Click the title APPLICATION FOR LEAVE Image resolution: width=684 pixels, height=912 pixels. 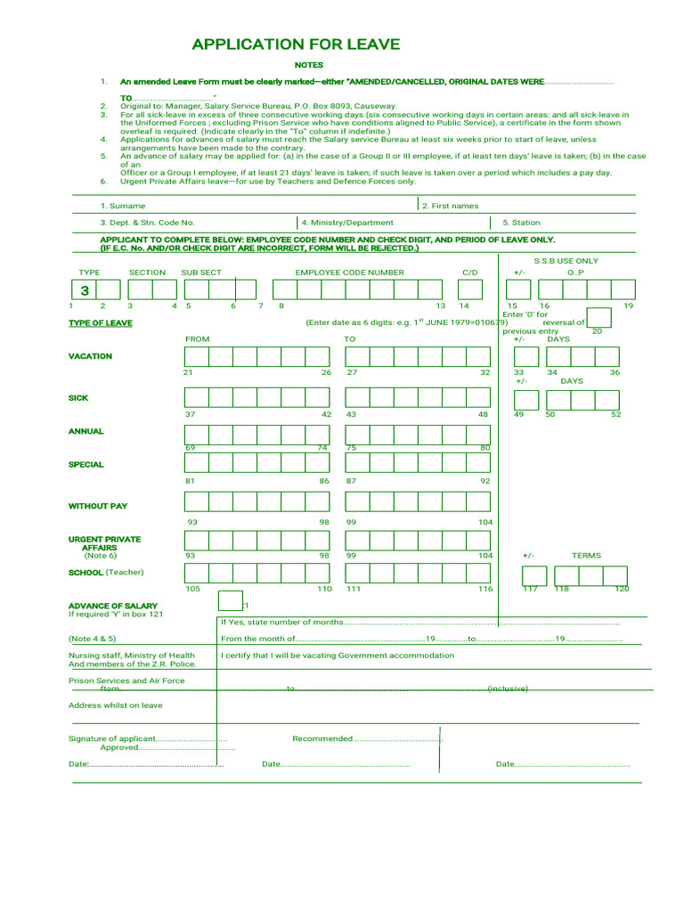(296, 45)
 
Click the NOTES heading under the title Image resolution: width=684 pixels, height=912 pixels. (309, 65)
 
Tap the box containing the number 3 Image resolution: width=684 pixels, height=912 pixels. (85, 290)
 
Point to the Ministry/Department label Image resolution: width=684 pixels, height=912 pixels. (346, 223)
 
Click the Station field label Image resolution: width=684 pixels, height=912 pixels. (521, 223)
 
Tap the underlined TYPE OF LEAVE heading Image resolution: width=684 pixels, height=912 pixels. (101, 323)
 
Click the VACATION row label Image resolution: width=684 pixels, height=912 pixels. (90, 356)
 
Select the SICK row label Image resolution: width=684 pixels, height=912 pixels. (78, 398)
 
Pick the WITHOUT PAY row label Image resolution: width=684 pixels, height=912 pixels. (98, 506)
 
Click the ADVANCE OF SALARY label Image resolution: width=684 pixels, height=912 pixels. (101, 606)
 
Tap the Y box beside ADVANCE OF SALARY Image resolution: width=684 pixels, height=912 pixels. (230, 602)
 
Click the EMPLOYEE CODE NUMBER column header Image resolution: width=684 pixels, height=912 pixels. (349, 273)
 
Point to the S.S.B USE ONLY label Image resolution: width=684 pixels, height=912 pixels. (566, 261)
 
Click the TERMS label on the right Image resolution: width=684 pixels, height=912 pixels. (586, 555)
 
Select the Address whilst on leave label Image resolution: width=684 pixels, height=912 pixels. (116, 705)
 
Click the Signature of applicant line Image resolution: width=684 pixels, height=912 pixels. (147, 739)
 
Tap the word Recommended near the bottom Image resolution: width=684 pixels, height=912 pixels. (322, 738)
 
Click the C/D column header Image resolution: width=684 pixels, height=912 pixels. (469, 273)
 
